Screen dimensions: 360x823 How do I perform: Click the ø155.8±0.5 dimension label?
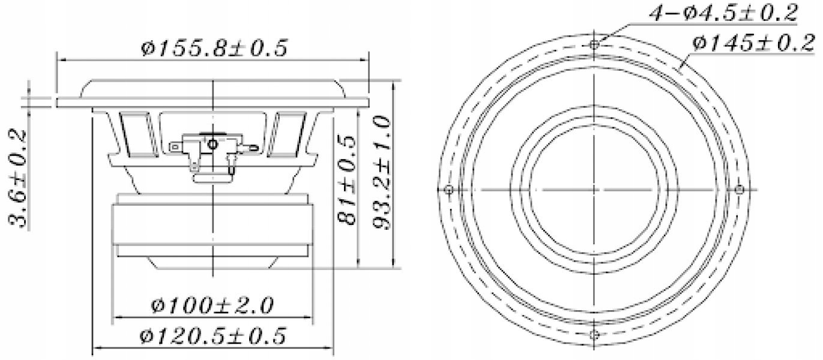tap(214, 47)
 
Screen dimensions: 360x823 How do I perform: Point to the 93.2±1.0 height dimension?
tap(382, 174)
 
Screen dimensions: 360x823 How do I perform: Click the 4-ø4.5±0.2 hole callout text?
tap(724, 13)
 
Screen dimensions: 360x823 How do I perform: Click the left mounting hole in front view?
tap(448, 190)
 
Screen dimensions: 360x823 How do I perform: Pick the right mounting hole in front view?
tap(739, 190)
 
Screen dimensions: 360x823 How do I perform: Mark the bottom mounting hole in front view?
tap(594, 334)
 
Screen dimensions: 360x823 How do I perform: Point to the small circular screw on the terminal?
tap(213, 145)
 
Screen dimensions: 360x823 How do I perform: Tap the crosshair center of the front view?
tap(594, 190)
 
